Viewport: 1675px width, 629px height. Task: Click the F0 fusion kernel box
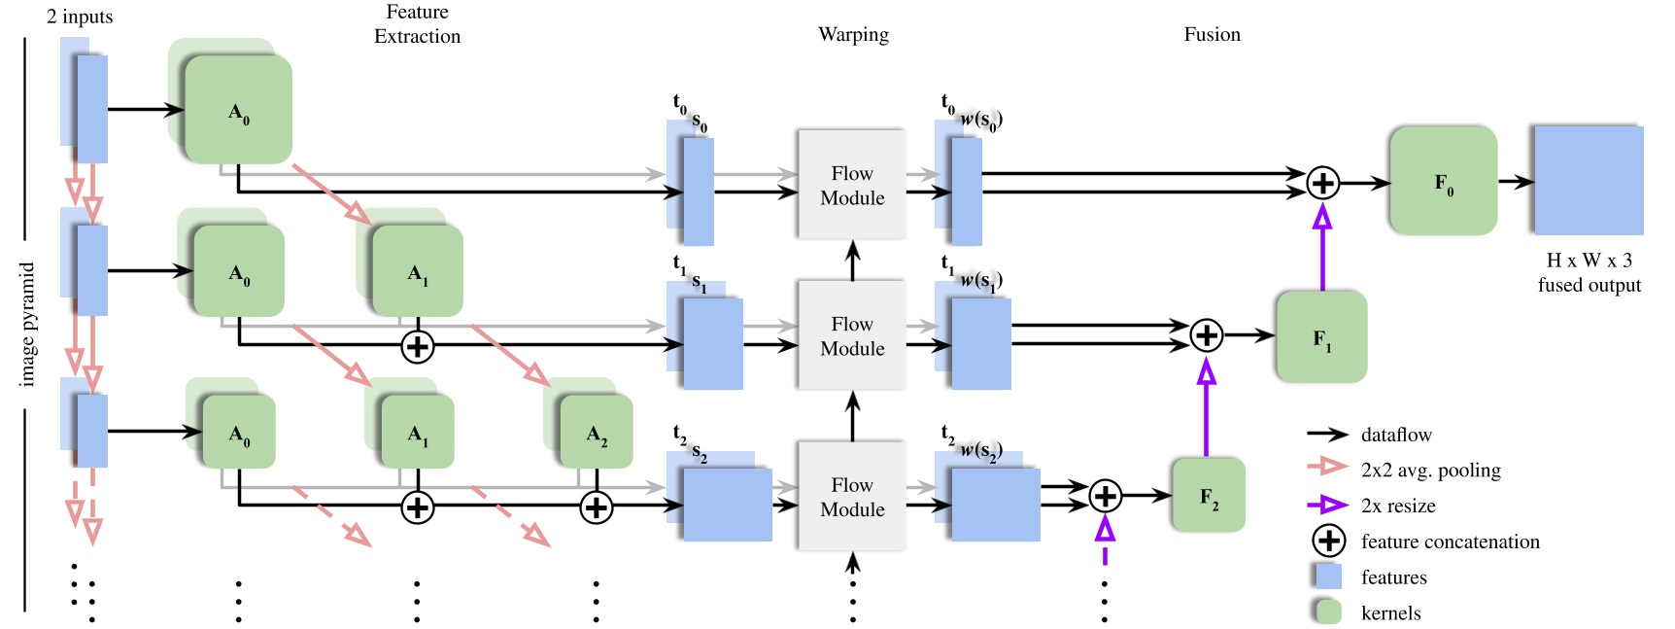(x=1443, y=181)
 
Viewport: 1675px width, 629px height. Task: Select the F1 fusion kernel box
(x=1321, y=336)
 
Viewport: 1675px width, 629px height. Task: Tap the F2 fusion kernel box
(x=1208, y=496)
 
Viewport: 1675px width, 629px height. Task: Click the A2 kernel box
(x=597, y=433)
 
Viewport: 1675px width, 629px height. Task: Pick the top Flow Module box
(x=851, y=185)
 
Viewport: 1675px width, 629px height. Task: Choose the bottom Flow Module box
(x=851, y=496)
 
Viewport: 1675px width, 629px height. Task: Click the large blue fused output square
(x=1588, y=181)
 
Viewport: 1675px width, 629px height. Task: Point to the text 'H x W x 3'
(x=1589, y=261)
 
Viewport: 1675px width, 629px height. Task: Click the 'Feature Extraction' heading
(x=417, y=24)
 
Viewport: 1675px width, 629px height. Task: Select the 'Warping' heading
(x=853, y=35)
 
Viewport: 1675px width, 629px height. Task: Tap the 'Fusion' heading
(x=1212, y=35)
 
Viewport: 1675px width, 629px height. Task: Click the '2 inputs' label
(x=80, y=17)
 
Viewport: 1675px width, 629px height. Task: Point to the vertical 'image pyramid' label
(x=27, y=324)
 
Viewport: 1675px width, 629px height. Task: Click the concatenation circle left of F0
(x=1322, y=182)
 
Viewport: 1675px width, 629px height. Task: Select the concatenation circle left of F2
(x=1105, y=496)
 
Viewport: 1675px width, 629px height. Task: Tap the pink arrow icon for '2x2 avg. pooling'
(x=1327, y=468)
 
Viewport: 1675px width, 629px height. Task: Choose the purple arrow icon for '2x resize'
(x=1327, y=505)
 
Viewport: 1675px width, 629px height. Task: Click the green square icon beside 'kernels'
(x=1327, y=612)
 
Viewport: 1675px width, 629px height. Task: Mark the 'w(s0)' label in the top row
(x=980, y=121)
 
